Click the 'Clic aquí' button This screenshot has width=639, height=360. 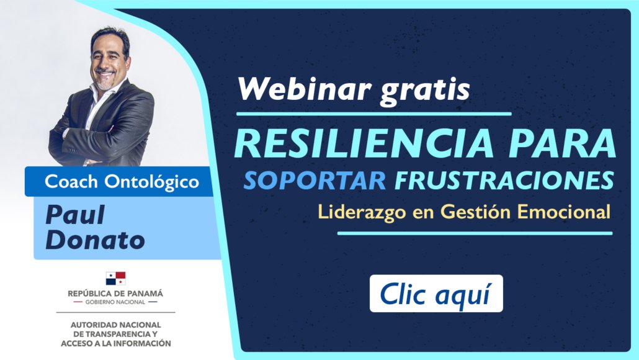(436, 294)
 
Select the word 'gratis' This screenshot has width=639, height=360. (425, 91)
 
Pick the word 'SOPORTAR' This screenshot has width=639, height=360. (315, 180)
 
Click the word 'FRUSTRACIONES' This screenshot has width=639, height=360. (504, 180)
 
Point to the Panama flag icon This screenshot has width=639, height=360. (116, 279)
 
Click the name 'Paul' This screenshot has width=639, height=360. (75, 215)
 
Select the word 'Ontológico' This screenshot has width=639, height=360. (152, 182)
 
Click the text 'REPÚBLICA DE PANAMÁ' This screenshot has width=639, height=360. (115, 293)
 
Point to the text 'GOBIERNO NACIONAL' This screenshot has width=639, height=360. (115, 302)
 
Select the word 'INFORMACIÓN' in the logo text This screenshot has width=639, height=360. (142, 343)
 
